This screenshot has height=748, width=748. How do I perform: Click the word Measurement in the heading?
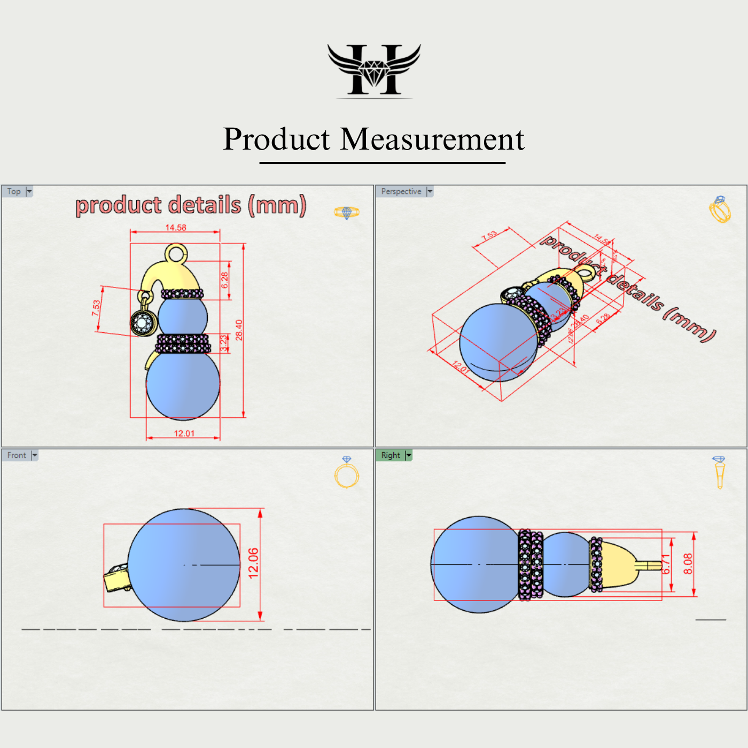point(432,139)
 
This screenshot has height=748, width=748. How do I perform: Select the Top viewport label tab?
point(14,191)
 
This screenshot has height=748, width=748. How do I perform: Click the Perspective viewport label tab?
point(401,191)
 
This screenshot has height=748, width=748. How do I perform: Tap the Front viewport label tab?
point(17,455)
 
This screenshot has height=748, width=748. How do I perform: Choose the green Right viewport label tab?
point(391,455)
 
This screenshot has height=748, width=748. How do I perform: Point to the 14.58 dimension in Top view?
point(176,228)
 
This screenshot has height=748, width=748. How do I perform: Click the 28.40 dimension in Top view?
point(239,330)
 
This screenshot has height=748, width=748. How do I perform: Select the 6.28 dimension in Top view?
point(225,280)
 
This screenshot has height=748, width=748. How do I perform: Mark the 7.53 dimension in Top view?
point(97,308)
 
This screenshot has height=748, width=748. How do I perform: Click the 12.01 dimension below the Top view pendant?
point(184,433)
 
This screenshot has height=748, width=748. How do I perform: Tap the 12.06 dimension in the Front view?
point(254,563)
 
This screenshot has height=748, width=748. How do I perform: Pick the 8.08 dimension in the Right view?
point(688,564)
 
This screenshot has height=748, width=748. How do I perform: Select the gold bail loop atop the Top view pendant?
point(176,253)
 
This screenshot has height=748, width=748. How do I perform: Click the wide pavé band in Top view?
point(183,344)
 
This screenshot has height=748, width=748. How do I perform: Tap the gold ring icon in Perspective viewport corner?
point(720,209)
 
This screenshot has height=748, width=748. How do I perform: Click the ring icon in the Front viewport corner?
point(347,473)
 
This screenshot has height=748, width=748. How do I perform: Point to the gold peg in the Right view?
point(649,565)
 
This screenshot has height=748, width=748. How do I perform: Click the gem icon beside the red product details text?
point(347,213)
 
